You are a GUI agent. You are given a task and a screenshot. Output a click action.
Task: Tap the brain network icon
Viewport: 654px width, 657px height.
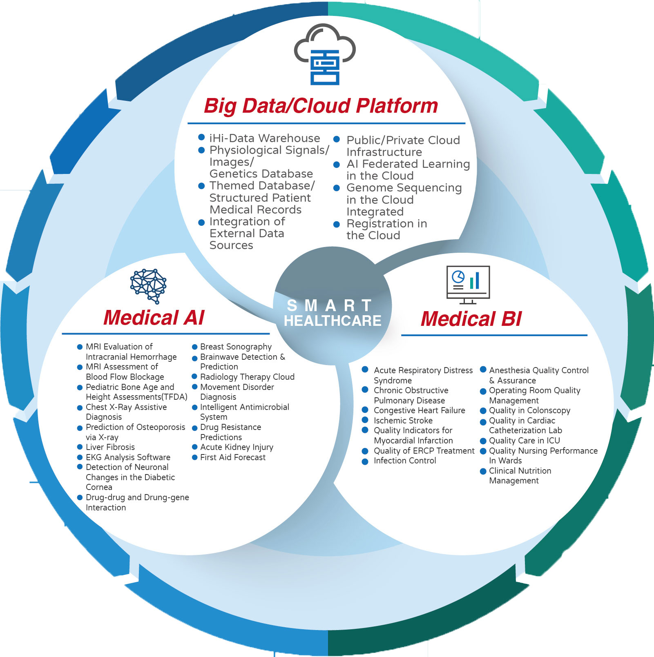click(x=148, y=286)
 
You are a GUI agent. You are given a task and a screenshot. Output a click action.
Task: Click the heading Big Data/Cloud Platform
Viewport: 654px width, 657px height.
click(x=321, y=106)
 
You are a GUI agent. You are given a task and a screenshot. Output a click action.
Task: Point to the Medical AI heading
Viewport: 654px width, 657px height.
click(x=154, y=318)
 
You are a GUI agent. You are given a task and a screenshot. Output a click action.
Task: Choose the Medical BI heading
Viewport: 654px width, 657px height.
click(x=471, y=319)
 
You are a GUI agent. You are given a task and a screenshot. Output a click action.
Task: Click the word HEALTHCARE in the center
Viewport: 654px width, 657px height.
click(x=333, y=321)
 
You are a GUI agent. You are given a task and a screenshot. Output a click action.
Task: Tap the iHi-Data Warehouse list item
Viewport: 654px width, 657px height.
click(x=265, y=138)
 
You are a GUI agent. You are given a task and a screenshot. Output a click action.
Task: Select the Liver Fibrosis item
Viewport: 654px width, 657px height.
click(x=110, y=447)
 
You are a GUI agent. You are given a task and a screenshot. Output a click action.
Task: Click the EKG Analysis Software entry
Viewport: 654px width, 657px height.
click(x=128, y=457)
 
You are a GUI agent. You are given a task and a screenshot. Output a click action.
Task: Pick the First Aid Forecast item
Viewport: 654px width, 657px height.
click(x=233, y=457)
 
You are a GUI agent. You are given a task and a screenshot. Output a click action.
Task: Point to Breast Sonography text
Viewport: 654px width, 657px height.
click(x=236, y=347)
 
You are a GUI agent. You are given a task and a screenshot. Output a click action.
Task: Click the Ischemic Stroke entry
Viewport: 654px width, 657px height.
click(x=403, y=421)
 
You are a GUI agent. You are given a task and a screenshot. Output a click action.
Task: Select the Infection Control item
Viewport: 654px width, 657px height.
click(x=405, y=461)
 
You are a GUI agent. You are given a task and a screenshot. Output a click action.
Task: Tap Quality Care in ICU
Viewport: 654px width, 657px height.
click(x=525, y=441)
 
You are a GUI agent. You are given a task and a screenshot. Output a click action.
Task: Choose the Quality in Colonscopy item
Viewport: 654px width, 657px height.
click(x=530, y=410)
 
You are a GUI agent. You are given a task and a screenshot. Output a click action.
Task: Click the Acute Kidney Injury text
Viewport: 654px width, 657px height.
click(x=237, y=447)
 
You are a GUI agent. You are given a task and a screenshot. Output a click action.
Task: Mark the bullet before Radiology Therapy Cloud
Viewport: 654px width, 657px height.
click(x=195, y=376)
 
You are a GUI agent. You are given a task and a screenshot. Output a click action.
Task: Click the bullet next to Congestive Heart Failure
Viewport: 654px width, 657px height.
click(x=365, y=410)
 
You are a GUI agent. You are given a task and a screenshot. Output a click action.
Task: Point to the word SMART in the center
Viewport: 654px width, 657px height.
click(x=329, y=305)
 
